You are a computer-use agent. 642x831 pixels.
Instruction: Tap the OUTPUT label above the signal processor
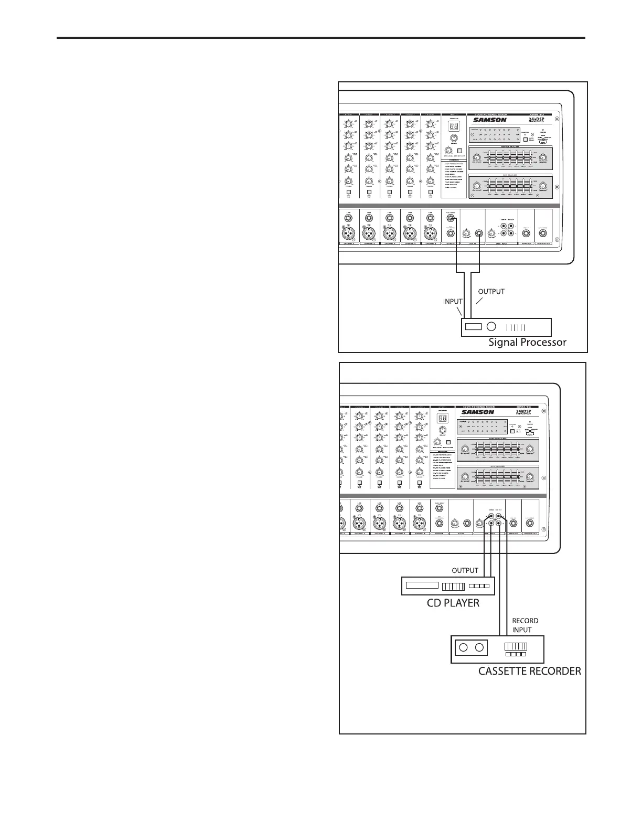click(491, 291)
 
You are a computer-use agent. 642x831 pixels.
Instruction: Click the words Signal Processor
click(527, 343)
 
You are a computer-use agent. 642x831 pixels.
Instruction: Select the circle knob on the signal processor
click(491, 327)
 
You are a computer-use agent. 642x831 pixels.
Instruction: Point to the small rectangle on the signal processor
click(473, 327)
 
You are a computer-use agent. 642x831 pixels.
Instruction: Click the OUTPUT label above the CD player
click(465, 570)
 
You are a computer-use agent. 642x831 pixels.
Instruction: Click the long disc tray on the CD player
click(422, 585)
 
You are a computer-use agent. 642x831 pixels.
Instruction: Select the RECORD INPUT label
click(525, 625)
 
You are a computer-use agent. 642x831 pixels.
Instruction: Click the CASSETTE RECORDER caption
click(529, 670)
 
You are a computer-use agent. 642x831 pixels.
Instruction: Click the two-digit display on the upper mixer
click(454, 127)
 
